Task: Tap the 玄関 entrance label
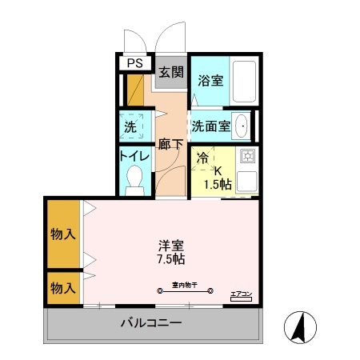pos(170,72)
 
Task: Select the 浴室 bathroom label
pos(210,81)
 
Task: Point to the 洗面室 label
pos(210,126)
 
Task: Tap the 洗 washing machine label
pos(130,126)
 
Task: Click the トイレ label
pos(133,155)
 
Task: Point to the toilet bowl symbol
pos(134,178)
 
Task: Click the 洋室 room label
pos(170,246)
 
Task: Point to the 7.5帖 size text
pos(170,260)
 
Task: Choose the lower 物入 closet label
pos(63,286)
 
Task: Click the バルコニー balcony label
pos(152,324)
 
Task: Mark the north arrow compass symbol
pos(301,328)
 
